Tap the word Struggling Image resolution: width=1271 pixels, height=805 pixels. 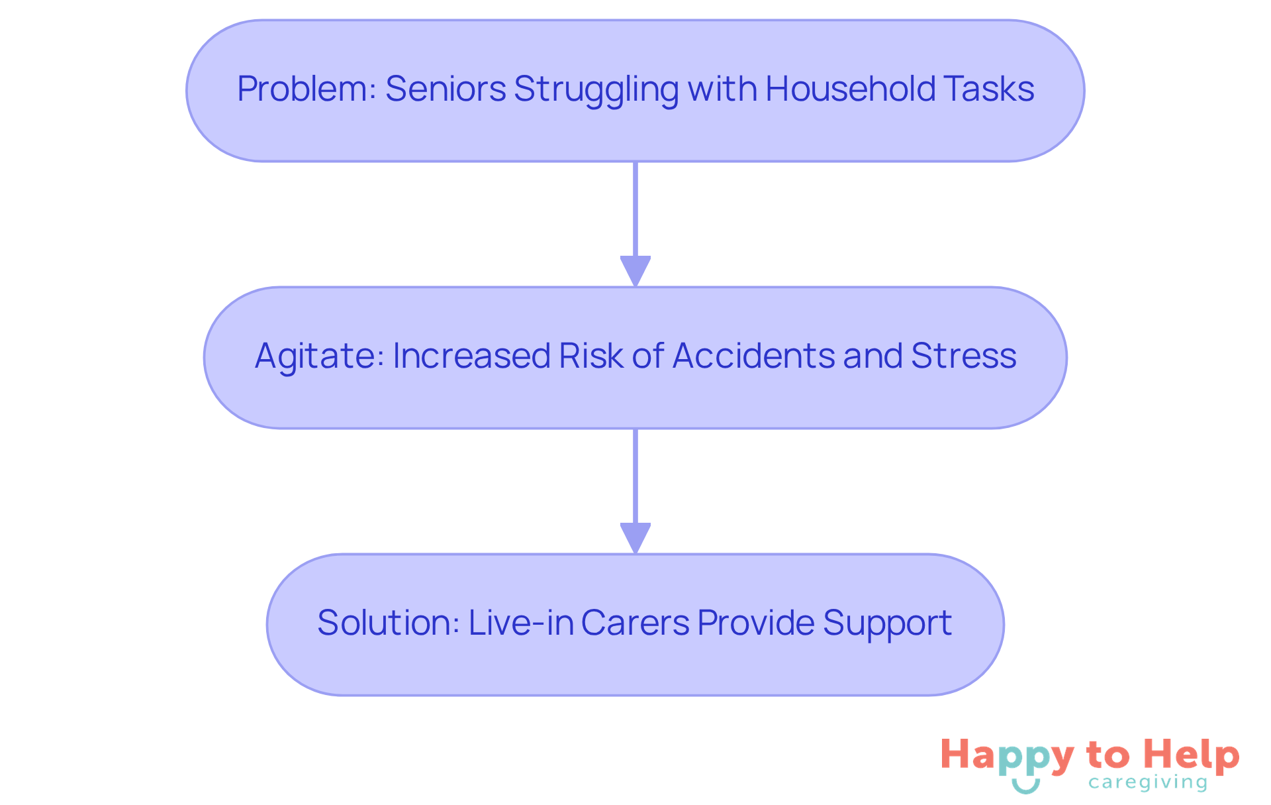(596, 90)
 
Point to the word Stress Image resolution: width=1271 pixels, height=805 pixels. (964, 356)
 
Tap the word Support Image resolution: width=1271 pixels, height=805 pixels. (888, 624)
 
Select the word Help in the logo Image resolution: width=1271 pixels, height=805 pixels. (1192, 756)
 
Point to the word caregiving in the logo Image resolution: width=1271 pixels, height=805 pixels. (1148, 783)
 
